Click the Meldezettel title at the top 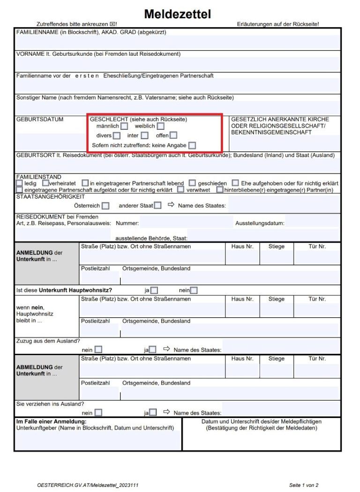(x=177, y=14)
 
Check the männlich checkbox (x=124, y=126)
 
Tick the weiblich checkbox (x=161, y=126)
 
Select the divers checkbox (x=117, y=136)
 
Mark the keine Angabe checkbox (x=192, y=146)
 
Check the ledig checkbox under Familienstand (x=19, y=183)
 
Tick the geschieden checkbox (x=192, y=183)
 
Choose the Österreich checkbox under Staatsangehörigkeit (x=105, y=206)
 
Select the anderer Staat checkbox (x=158, y=205)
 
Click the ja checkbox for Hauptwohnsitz (x=154, y=290)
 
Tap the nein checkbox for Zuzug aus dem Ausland (x=98, y=350)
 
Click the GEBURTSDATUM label (x=39, y=119)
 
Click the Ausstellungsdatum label (x=260, y=224)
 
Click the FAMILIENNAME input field (x=177, y=42)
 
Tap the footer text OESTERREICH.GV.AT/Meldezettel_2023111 (x=88, y=485)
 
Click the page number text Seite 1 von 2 (x=304, y=485)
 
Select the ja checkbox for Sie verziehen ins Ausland (x=153, y=413)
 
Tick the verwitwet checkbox (x=180, y=190)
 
